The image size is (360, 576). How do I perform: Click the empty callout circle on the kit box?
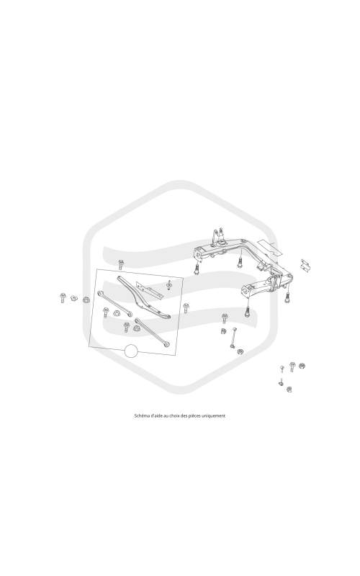coord(131,351)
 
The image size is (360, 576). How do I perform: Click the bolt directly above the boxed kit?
coord(120,264)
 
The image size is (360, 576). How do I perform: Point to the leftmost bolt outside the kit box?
coord(63,297)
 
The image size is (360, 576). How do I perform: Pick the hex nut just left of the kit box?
coord(86,300)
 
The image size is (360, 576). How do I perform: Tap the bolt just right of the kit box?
coord(186,308)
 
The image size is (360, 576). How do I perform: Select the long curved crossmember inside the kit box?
coord(143,297)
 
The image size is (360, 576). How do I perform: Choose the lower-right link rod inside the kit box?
coord(152,332)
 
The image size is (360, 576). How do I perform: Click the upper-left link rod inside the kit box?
coord(115,303)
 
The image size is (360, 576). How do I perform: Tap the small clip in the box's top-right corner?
coord(169,284)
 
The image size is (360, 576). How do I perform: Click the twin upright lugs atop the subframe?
coord(217,236)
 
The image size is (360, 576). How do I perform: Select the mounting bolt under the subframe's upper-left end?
coord(197,269)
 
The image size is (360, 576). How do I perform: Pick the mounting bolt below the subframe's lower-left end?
coord(248,312)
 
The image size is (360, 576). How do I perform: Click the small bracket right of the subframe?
coord(305,265)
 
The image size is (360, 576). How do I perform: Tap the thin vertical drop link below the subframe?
coord(233,337)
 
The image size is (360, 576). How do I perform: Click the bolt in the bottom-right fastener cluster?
coord(292,366)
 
